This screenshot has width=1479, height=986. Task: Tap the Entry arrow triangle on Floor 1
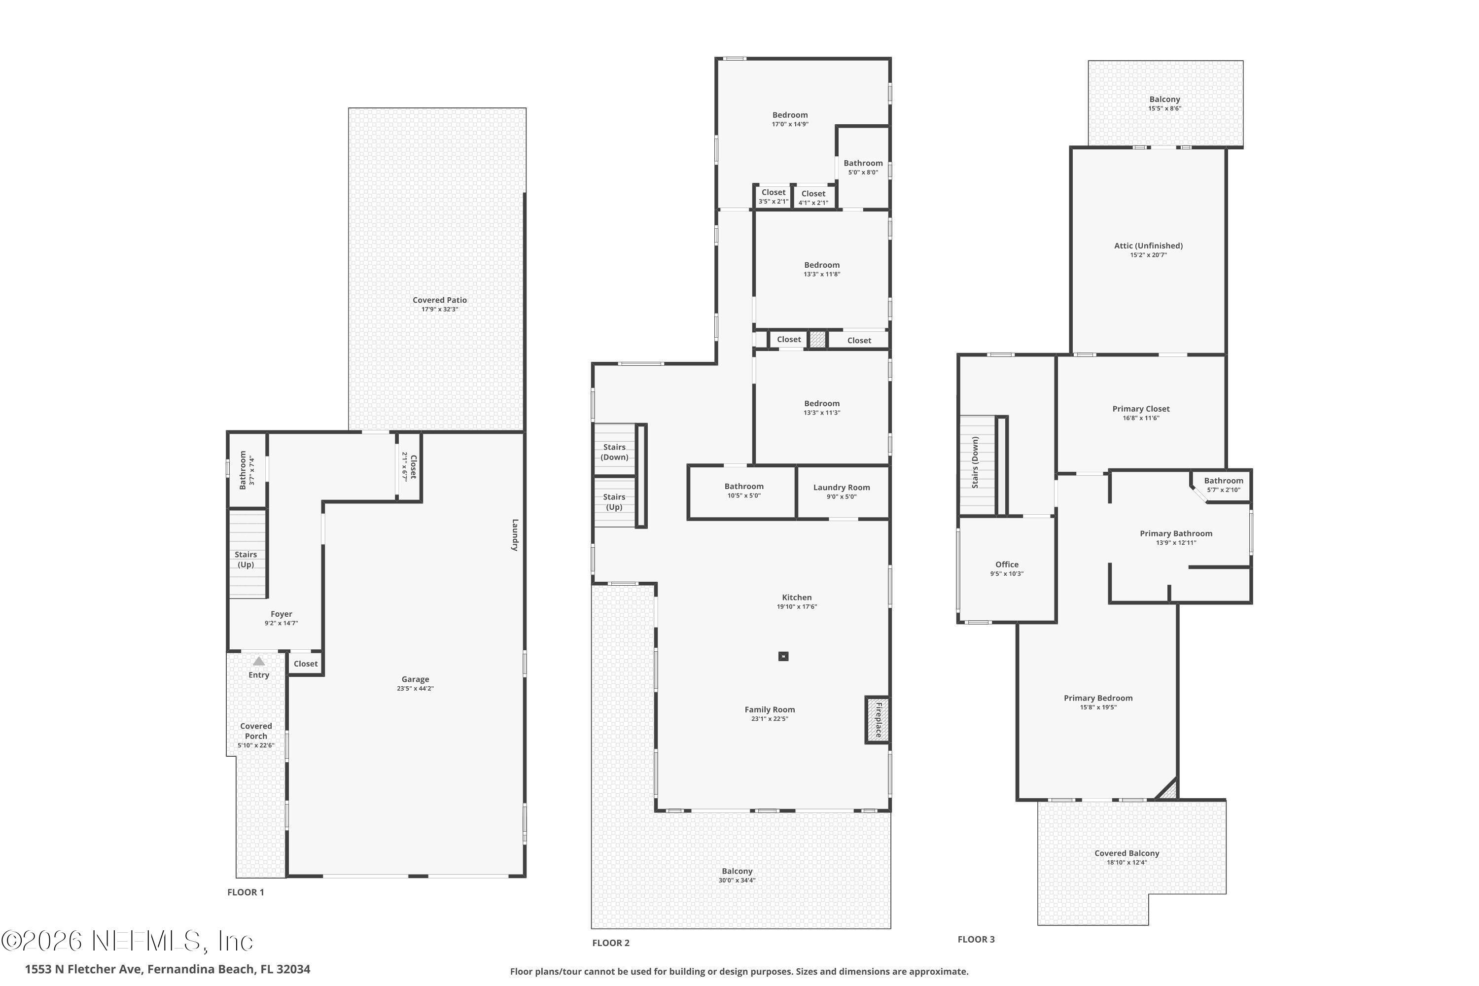pos(258,661)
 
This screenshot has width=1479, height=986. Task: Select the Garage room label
pos(415,679)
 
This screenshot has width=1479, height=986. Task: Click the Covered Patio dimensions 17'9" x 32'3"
pos(440,310)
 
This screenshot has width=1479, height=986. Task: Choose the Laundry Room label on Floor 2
pos(842,488)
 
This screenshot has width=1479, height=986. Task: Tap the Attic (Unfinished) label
pos(1148,246)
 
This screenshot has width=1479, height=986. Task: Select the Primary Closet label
pos(1141,409)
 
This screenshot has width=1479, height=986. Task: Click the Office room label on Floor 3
pos(1007,564)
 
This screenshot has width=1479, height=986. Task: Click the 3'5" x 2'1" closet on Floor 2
pos(773,197)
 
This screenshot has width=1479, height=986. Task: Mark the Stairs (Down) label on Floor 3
pos(975,462)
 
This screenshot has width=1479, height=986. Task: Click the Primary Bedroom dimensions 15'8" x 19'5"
pos(1098,707)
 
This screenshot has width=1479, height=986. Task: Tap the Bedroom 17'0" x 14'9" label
pos(790,115)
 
